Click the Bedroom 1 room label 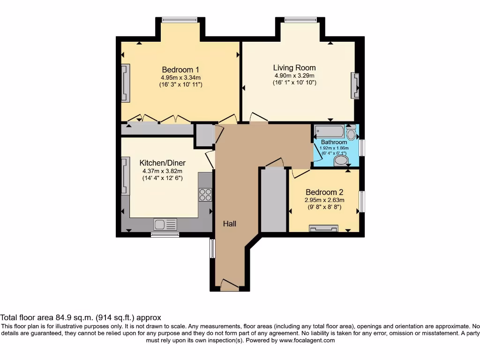(180, 69)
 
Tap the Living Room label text (294, 67)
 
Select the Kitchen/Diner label (163, 163)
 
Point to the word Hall (229, 224)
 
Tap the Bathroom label (334, 142)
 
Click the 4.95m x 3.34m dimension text (180, 78)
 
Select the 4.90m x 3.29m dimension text (294, 75)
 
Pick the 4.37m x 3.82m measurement (163, 171)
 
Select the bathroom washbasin (341, 162)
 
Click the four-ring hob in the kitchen (205, 195)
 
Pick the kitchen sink (165, 225)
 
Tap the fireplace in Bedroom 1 (125, 83)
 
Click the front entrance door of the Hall (229, 284)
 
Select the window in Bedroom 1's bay (180, 20)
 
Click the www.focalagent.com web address (307, 340)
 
